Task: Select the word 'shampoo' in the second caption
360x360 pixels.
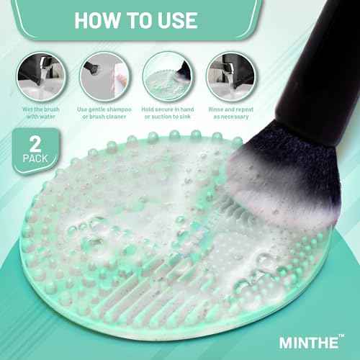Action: tap(114, 109)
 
